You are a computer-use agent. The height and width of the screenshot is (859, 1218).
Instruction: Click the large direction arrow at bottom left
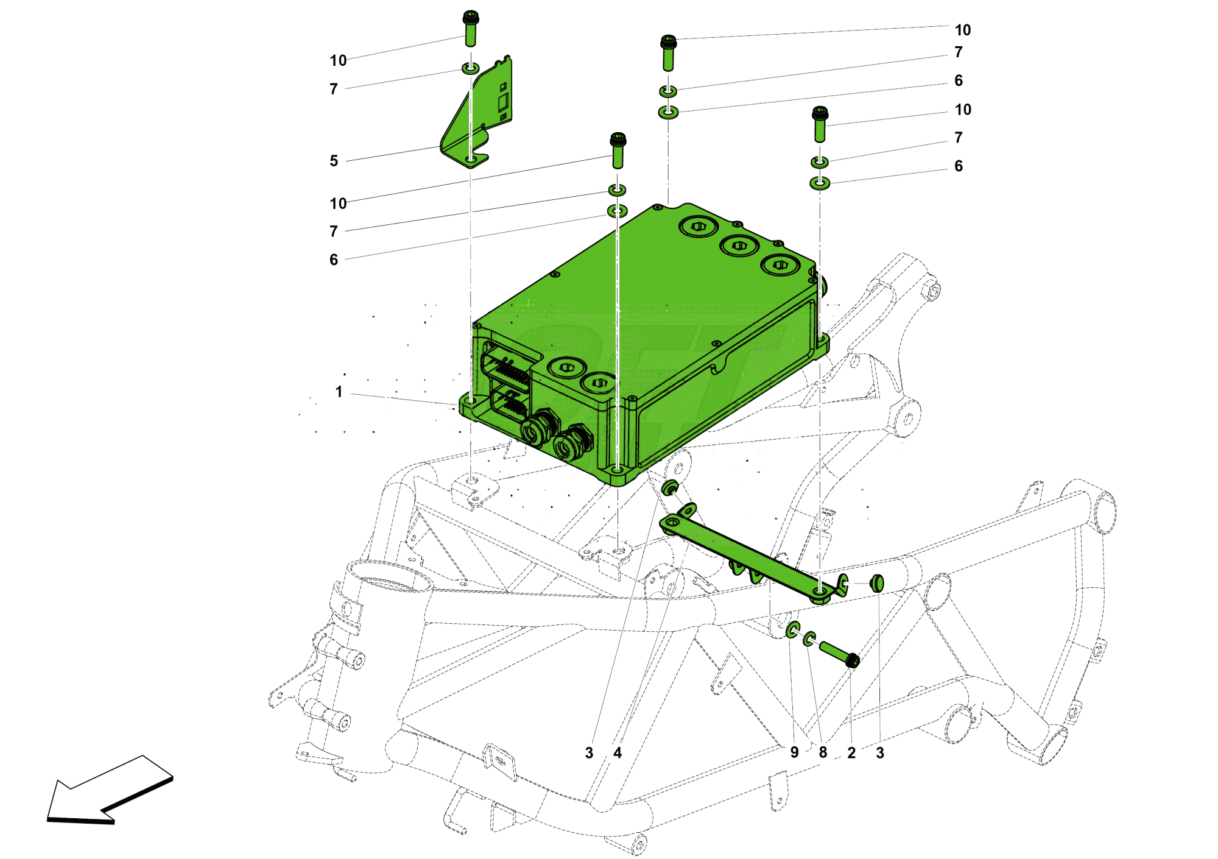coord(110,792)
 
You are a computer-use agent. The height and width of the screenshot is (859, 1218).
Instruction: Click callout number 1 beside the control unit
coord(339,392)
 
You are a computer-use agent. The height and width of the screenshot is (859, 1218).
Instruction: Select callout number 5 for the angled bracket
coord(334,161)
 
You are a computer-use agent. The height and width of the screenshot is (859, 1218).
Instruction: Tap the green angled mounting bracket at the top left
coord(481,116)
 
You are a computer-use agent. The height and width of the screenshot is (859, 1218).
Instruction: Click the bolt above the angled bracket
coord(471,29)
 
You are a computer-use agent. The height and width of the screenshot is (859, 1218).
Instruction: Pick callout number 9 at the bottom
coord(794,752)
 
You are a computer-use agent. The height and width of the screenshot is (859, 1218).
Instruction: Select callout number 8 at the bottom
coord(823,752)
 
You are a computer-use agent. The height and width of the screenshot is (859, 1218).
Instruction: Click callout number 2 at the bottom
coord(851,753)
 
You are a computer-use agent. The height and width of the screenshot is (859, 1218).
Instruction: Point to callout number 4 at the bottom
coord(618,753)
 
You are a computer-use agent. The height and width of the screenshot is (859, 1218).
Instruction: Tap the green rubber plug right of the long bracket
coord(876,583)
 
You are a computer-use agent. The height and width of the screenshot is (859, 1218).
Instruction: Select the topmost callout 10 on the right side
coord(962,30)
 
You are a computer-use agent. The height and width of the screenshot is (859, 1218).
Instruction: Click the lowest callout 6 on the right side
coord(959,166)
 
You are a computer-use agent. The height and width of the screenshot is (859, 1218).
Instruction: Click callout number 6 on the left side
coord(334,260)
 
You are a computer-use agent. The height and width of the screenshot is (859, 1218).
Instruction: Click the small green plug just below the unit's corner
coord(671,487)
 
